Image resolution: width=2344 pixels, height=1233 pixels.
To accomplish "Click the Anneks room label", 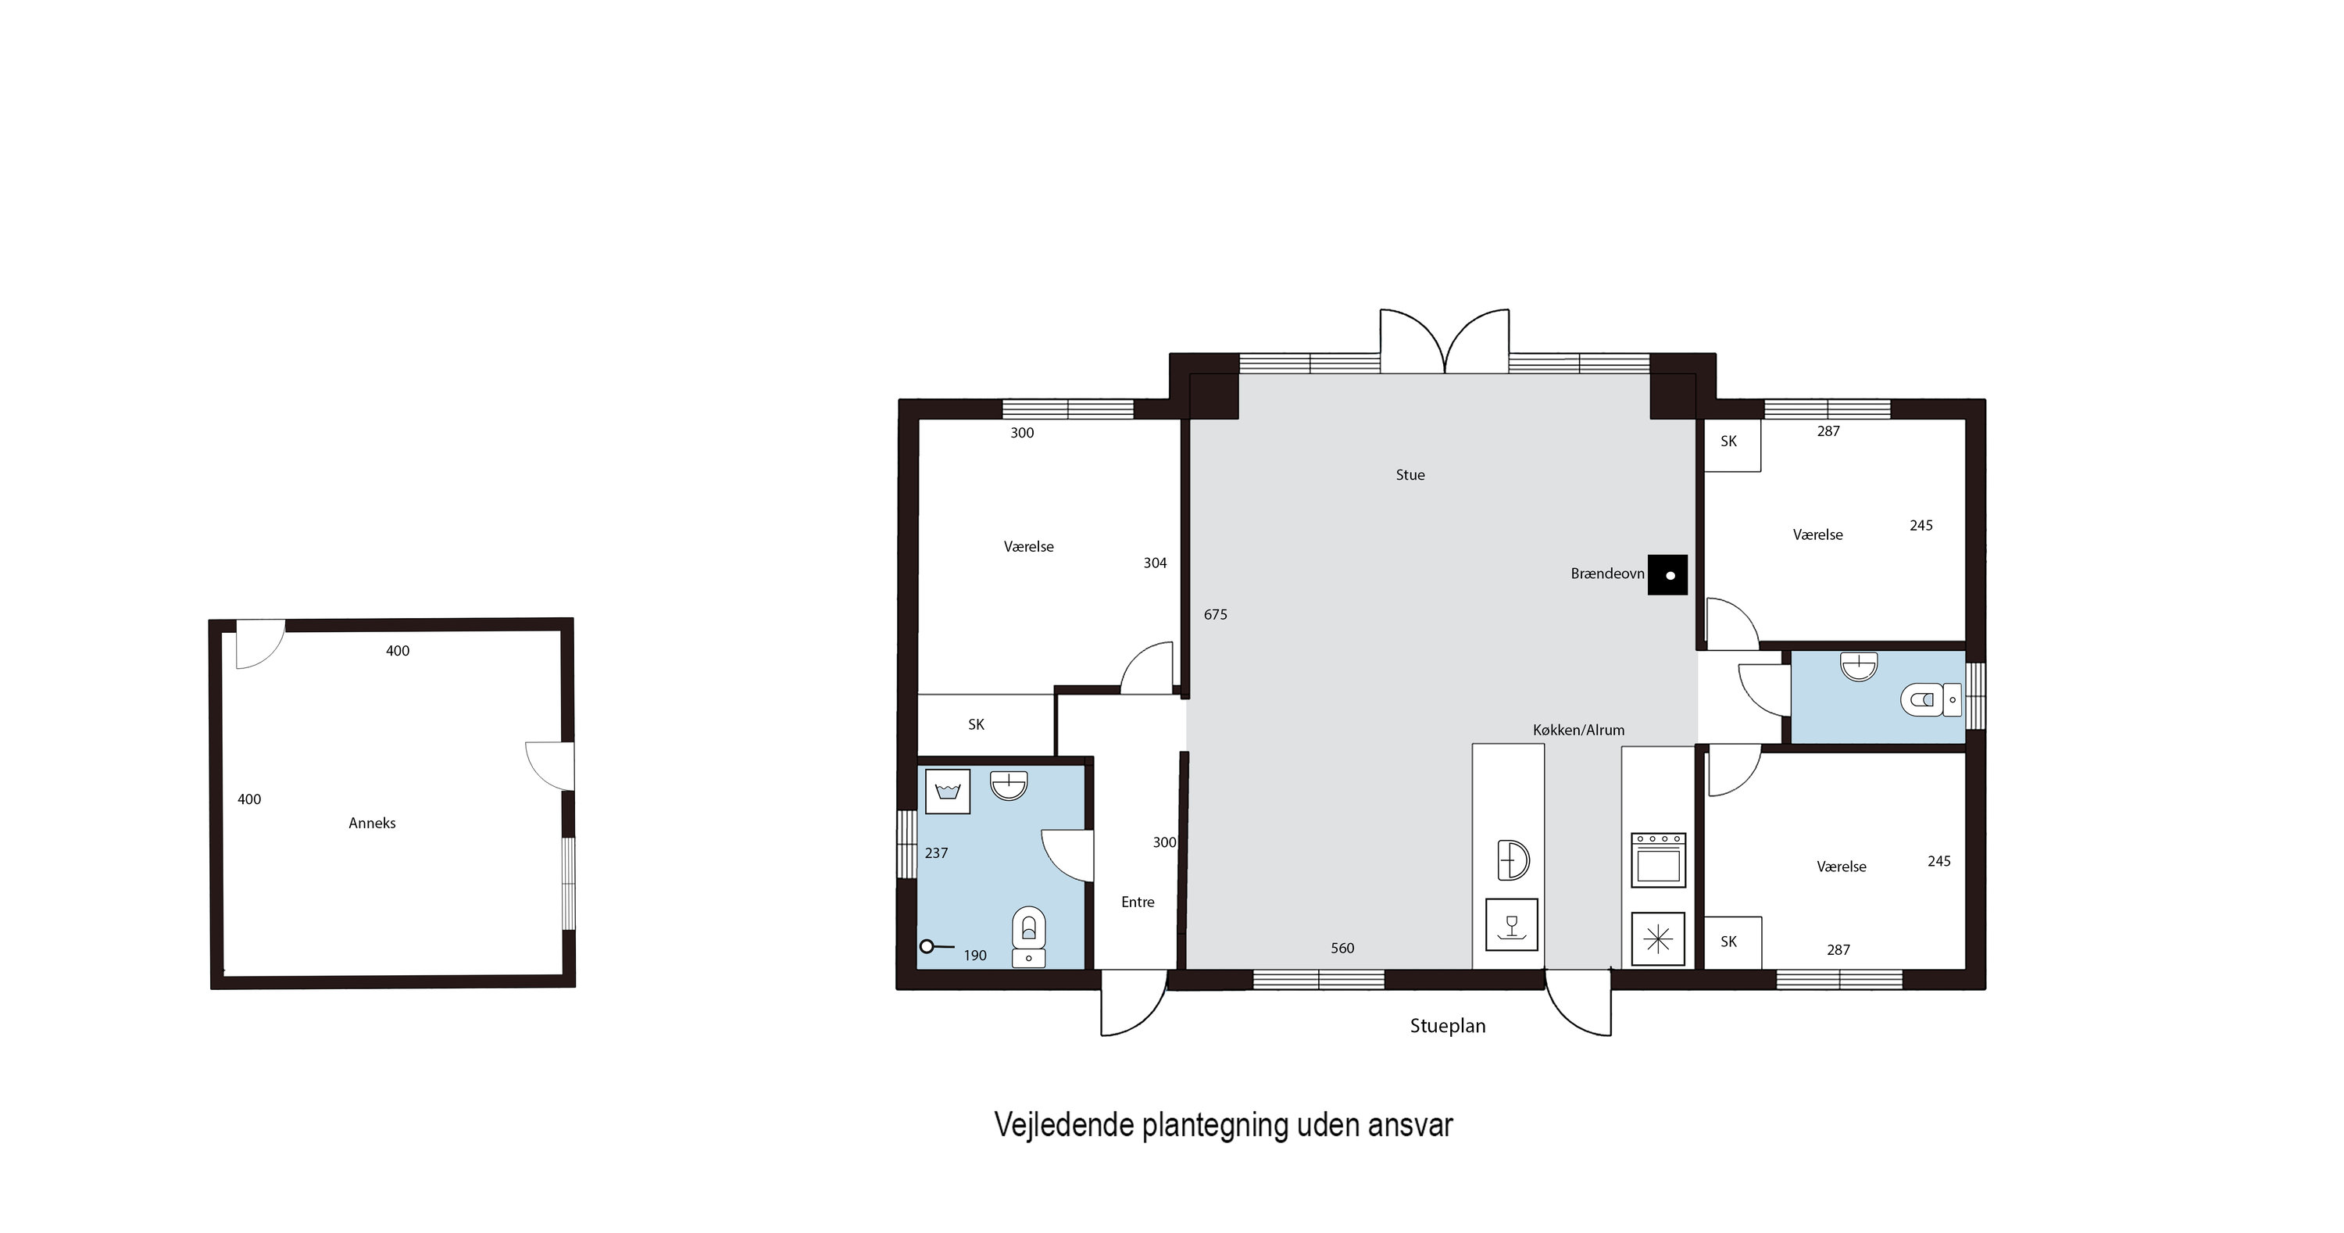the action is pyautogui.click(x=372, y=823).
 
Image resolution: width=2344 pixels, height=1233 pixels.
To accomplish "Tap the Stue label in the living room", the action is pyautogui.click(x=1410, y=475).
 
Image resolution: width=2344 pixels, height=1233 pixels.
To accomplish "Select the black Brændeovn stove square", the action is pyautogui.click(x=1667, y=575).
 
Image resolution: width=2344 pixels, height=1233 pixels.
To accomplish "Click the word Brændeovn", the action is pyautogui.click(x=1607, y=574).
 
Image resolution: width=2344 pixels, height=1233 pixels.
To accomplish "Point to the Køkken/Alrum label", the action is pyautogui.click(x=1579, y=730).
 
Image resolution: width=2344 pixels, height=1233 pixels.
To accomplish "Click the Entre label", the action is pyautogui.click(x=1138, y=902).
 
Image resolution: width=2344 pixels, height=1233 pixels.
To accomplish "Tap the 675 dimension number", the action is pyautogui.click(x=1216, y=615).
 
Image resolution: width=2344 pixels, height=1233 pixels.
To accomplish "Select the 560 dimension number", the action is pyautogui.click(x=1342, y=948).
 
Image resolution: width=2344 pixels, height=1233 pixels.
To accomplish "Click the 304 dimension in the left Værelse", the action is pyautogui.click(x=1155, y=563).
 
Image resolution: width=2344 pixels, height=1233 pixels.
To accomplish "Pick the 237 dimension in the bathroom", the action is pyautogui.click(x=936, y=853).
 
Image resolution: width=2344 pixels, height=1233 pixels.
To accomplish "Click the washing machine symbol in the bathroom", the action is pyautogui.click(x=947, y=791).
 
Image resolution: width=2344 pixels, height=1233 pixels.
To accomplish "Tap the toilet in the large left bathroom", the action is pyautogui.click(x=1029, y=936).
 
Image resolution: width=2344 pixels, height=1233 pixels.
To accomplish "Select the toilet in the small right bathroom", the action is pyautogui.click(x=1931, y=700).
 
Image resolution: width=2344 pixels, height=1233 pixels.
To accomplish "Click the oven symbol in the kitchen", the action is pyautogui.click(x=1658, y=860).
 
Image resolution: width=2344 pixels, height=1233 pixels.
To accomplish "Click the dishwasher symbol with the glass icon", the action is pyautogui.click(x=1511, y=924).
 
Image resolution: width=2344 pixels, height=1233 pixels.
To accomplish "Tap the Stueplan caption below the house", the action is pyautogui.click(x=1448, y=1025).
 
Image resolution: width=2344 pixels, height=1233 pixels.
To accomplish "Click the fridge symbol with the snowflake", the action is pyautogui.click(x=1658, y=939).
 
